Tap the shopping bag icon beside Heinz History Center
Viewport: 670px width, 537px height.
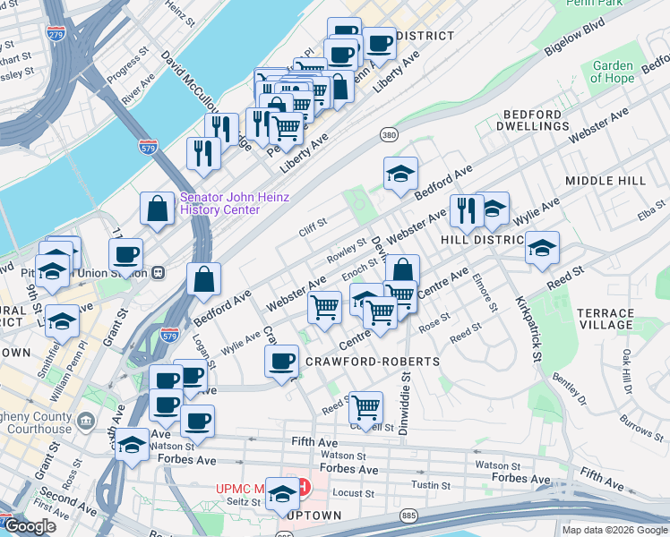pyautogui.click(x=157, y=209)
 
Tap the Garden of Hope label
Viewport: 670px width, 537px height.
pyautogui.click(x=613, y=72)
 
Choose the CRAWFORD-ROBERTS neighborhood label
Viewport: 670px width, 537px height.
pyautogui.click(x=373, y=362)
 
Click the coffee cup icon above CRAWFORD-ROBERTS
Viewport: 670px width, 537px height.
pyautogui.click(x=281, y=362)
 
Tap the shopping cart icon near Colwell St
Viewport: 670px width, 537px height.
pyautogui.click(x=365, y=407)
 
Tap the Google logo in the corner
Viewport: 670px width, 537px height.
pyautogui.click(x=30, y=527)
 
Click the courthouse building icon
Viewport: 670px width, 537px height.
pyautogui.click(x=86, y=420)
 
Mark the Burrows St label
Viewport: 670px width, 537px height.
pyautogui.click(x=638, y=427)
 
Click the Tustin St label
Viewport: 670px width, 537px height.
pyautogui.click(x=431, y=485)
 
